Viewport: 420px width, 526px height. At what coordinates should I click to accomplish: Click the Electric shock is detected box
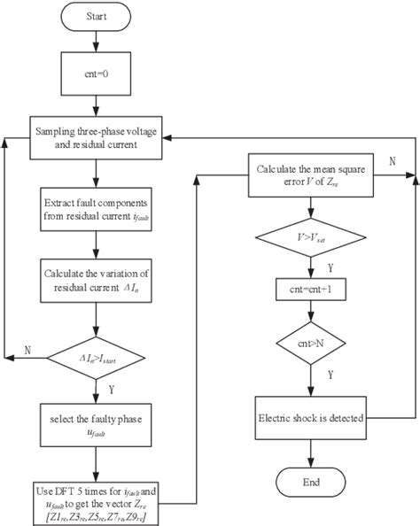(309, 417)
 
